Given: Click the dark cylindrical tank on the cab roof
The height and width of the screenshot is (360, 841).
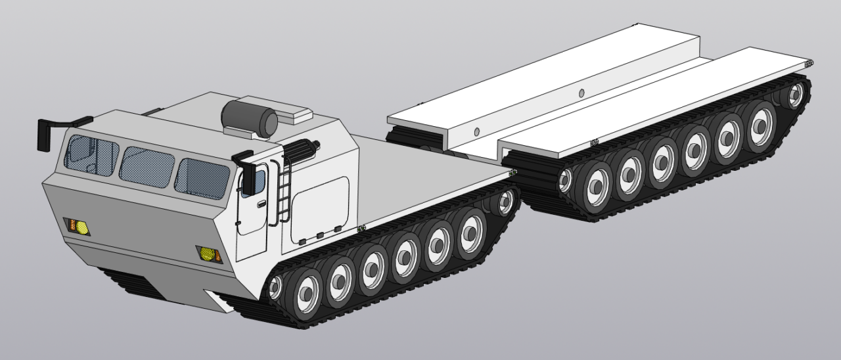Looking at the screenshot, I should click(250, 118).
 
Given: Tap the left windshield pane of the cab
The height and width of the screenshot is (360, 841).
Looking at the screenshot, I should click(91, 155).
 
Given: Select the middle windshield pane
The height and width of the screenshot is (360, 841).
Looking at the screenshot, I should click(147, 167).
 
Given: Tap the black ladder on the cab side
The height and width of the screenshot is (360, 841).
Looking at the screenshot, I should click(284, 191).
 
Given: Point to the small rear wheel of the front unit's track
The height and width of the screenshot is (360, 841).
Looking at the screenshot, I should click(506, 202).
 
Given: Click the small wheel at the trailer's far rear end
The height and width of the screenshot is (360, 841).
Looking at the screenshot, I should click(795, 96).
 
